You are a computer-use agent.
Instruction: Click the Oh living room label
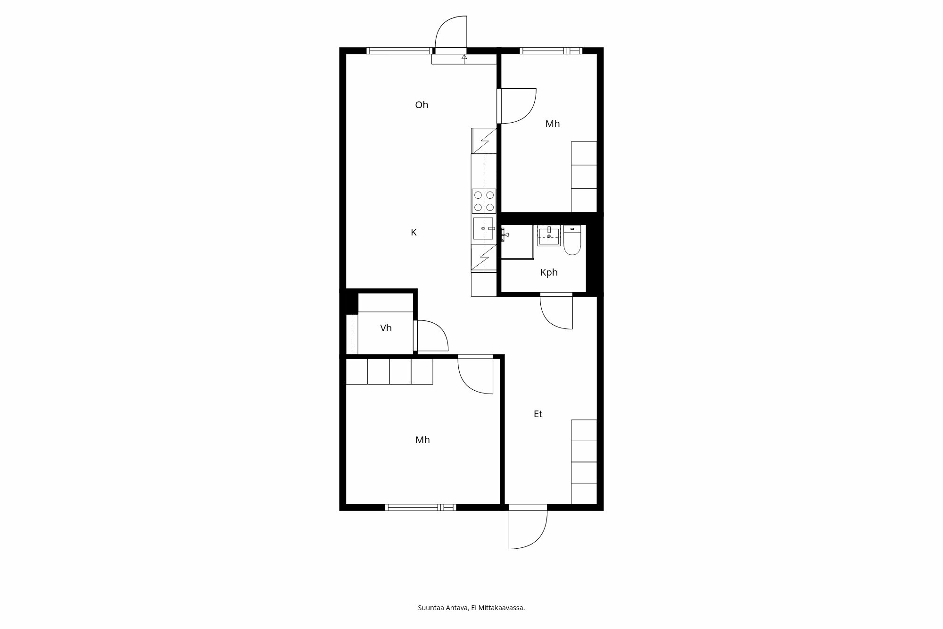(x=422, y=105)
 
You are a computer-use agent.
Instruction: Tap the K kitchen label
(x=414, y=232)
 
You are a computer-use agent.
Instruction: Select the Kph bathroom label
(x=549, y=272)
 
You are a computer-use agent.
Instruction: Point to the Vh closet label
(x=386, y=328)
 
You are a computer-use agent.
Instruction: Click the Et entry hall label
(x=538, y=414)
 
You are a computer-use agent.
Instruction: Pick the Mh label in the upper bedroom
(x=553, y=124)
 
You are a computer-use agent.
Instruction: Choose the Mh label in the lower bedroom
(x=422, y=440)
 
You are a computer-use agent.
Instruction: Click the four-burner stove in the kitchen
(x=484, y=201)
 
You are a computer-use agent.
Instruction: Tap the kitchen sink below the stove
(x=483, y=228)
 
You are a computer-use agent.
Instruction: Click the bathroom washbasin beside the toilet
(x=549, y=235)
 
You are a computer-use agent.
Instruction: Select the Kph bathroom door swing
(x=557, y=312)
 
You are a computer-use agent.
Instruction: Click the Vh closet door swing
(x=431, y=336)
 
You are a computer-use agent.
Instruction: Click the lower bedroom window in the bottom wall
(x=421, y=507)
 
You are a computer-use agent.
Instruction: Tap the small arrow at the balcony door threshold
(x=464, y=58)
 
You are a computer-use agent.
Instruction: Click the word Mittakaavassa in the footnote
(x=501, y=608)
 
